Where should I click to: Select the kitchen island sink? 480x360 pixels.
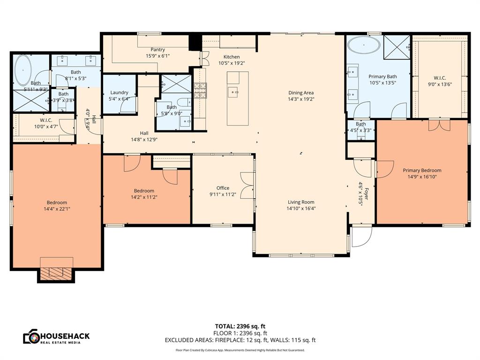pos(233,91)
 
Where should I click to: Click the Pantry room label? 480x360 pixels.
pos(157,50)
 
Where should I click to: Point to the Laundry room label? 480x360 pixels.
pos(119,92)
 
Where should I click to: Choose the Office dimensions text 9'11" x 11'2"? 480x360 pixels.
pos(223,194)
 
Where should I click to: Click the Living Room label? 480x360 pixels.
pos(301,202)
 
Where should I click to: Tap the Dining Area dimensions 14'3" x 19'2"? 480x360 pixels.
pos(301,99)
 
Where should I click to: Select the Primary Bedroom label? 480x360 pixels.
pos(422,171)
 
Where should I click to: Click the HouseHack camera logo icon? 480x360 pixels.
pos(31,337)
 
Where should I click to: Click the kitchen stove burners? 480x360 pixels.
pos(200,90)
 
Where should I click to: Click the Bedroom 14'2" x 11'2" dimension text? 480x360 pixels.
pos(144,197)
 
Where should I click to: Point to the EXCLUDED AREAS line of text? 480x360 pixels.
pos(240,340)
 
